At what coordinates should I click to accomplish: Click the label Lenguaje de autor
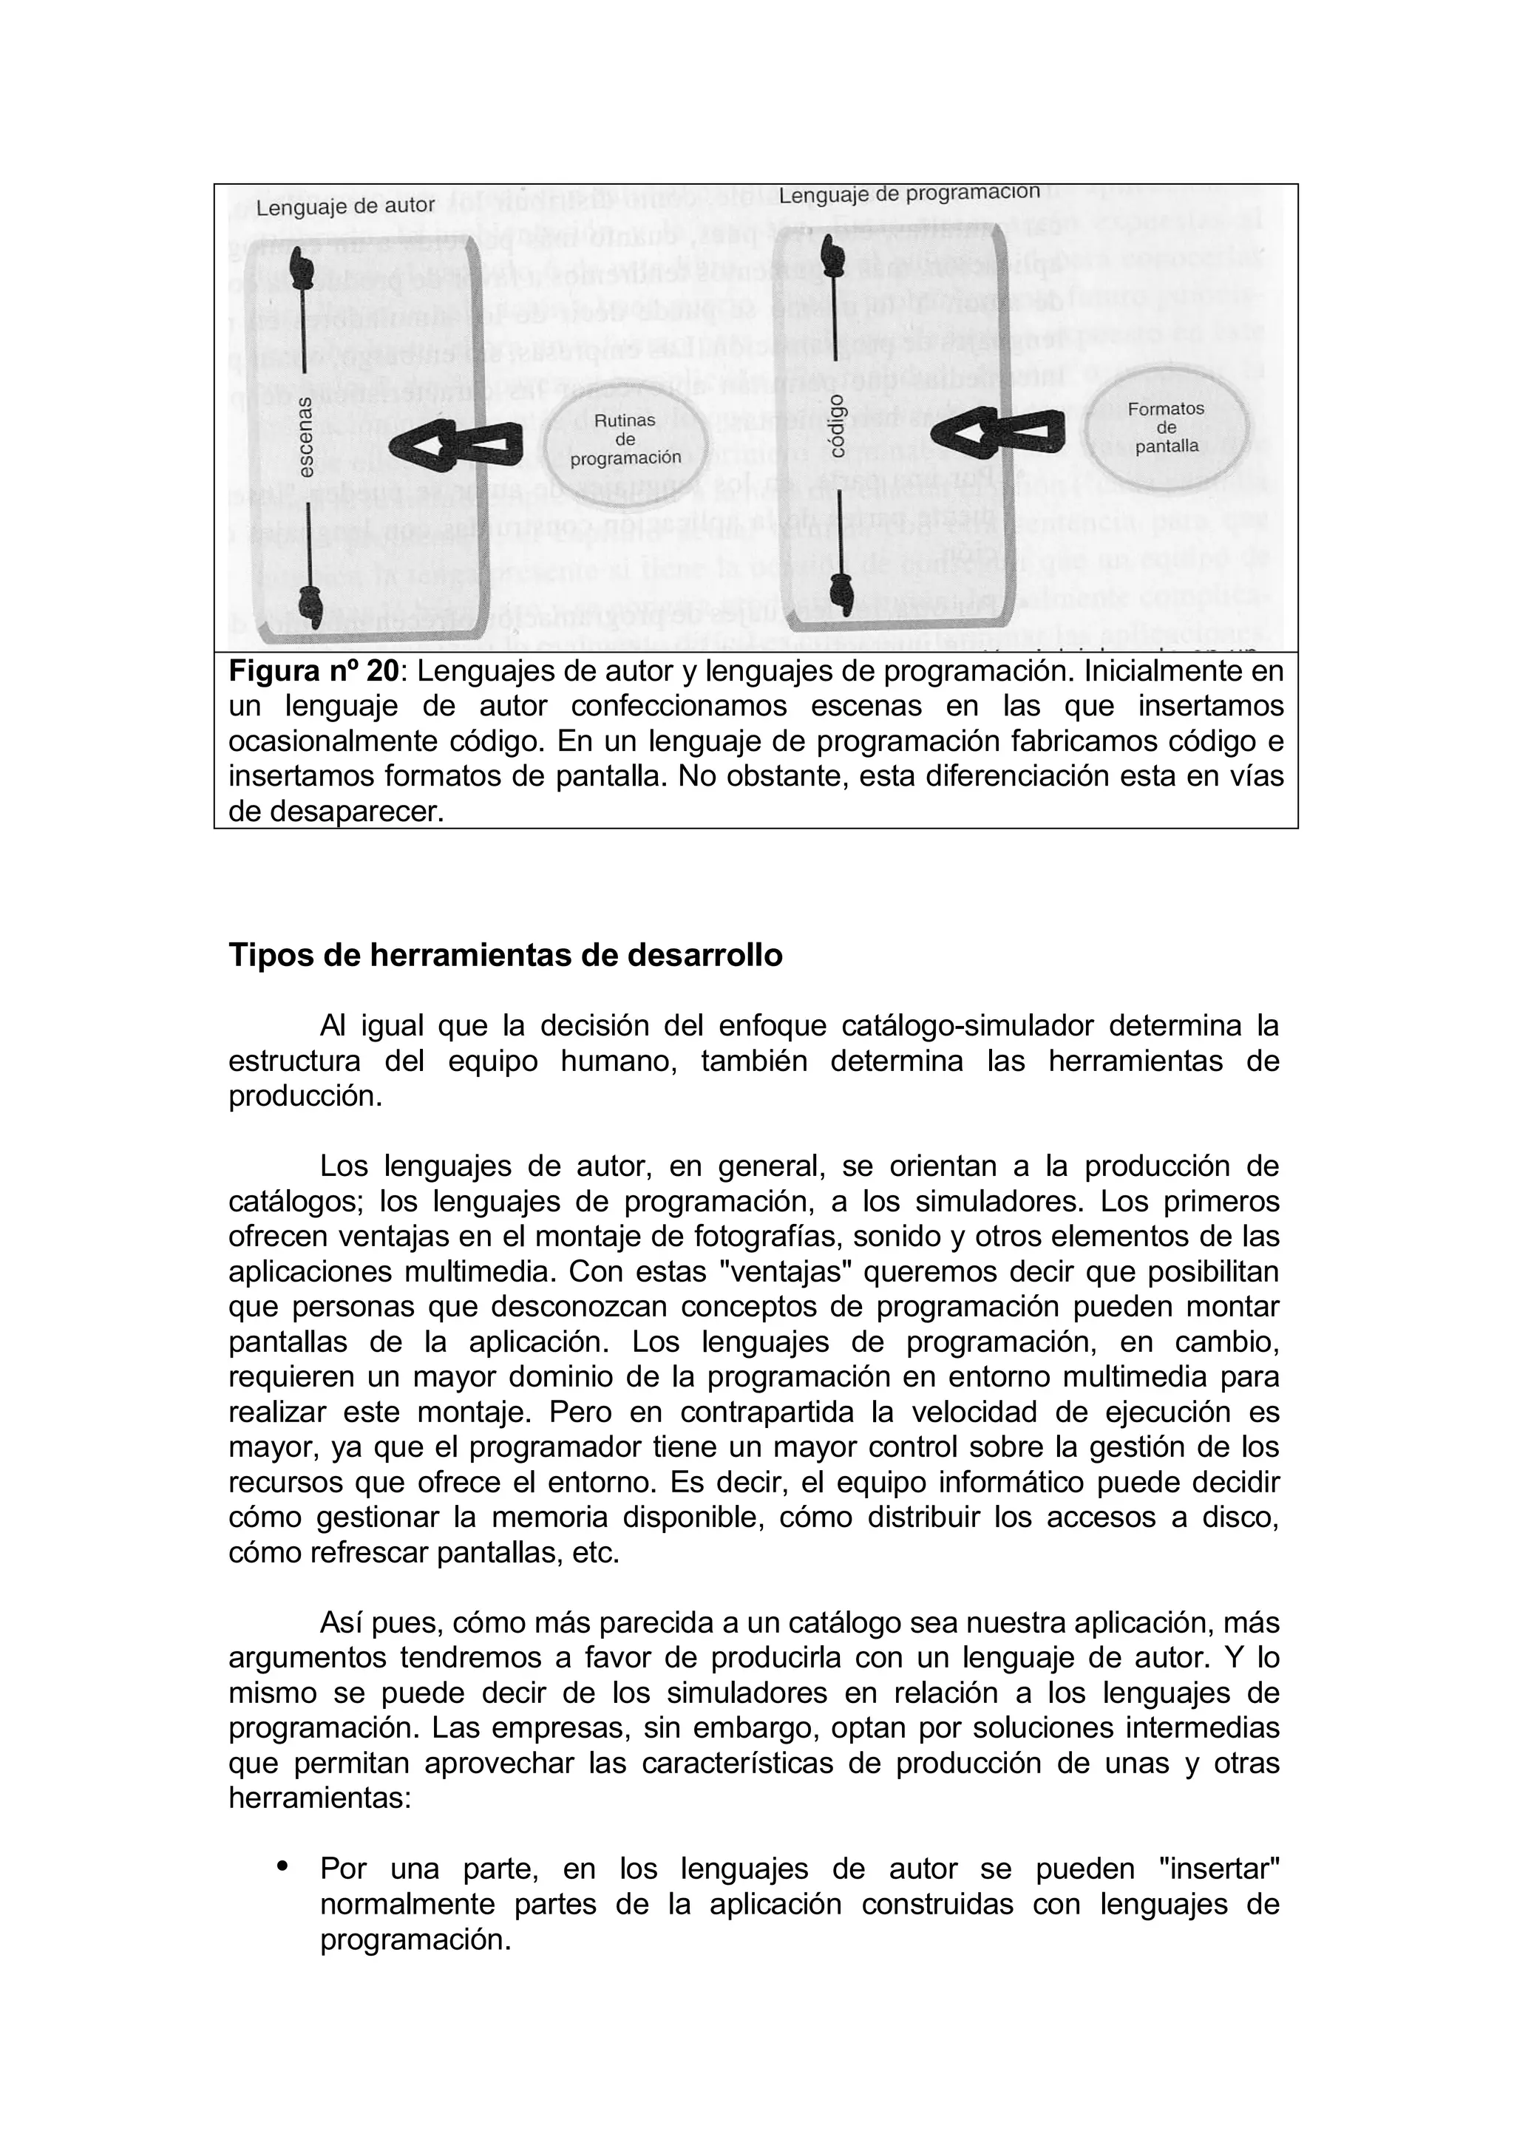tap(345, 206)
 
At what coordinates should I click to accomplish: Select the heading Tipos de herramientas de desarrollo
tap(505, 956)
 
